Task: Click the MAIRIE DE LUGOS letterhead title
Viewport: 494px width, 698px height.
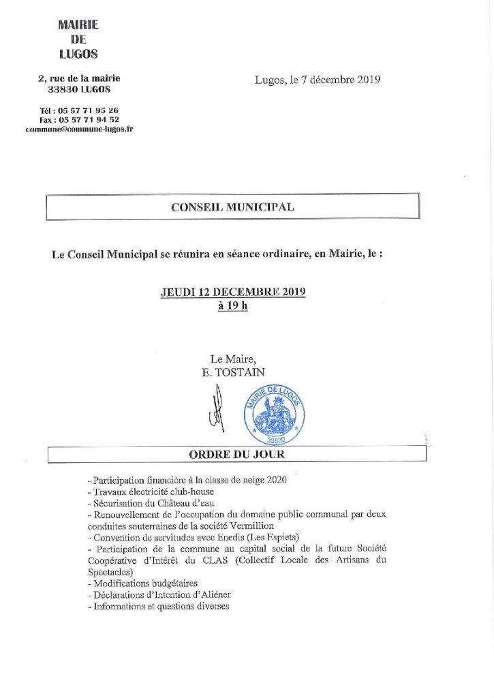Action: tap(79, 40)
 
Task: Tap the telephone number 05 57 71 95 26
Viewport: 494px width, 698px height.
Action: tap(89, 110)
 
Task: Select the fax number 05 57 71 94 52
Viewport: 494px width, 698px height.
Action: tap(89, 119)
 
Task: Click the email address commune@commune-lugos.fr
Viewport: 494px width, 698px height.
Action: tap(79, 129)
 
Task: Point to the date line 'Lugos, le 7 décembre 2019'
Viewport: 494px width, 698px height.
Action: tap(318, 80)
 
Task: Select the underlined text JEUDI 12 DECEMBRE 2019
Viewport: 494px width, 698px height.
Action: tap(232, 293)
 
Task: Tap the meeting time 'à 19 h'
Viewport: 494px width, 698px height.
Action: tap(232, 306)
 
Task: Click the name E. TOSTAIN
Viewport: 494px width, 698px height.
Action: tap(232, 371)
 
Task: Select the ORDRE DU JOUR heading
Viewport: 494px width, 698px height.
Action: tap(236, 454)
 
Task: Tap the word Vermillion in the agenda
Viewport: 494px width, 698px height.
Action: tap(253, 526)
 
